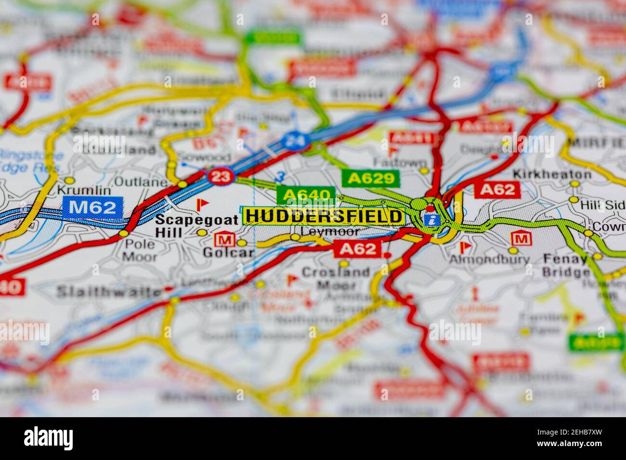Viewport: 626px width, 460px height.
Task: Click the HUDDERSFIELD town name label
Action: (323, 217)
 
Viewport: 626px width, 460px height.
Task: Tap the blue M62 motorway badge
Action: (92, 207)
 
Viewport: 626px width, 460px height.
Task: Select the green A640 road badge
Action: (305, 195)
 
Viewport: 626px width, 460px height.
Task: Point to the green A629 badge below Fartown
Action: (371, 179)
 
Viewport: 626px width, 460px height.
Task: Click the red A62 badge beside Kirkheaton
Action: (497, 190)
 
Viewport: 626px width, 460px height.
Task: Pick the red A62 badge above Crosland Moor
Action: (357, 249)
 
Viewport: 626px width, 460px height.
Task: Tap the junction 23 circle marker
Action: (221, 177)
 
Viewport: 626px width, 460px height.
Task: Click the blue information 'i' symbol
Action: (433, 220)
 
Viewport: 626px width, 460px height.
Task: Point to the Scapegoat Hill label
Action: (196, 226)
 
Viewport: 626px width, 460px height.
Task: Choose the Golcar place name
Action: (228, 252)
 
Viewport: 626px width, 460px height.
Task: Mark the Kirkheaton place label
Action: (552, 174)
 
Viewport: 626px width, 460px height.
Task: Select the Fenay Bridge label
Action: (565, 266)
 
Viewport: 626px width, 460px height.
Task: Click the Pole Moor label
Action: (139, 250)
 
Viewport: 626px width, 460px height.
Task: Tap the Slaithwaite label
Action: (109, 292)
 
